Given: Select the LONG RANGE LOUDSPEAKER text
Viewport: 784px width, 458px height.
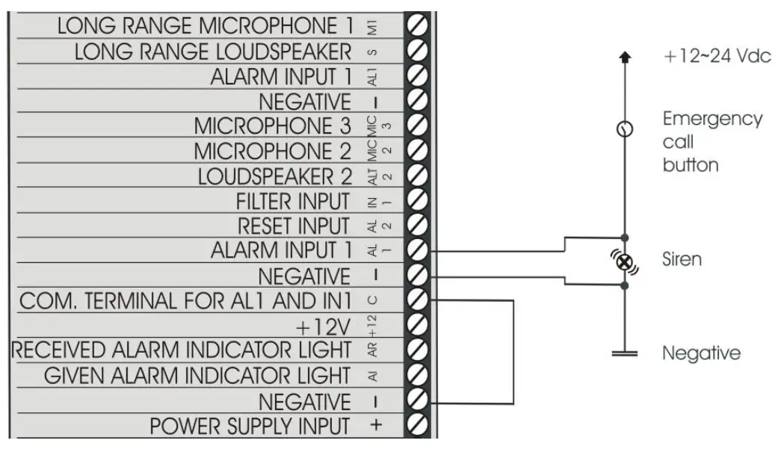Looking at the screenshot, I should pyautogui.click(x=213, y=52).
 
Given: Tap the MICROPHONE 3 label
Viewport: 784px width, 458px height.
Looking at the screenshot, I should pyautogui.click(x=272, y=126).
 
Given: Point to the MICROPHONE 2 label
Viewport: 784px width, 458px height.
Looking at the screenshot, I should pyautogui.click(x=272, y=152).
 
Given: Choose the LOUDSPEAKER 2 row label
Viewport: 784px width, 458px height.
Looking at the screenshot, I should pyautogui.click(x=274, y=177).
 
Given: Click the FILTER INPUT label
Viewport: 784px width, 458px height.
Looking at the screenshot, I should pyautogui.click(x=292, y=202).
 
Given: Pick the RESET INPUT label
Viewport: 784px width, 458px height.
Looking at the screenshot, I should pyautogui.click(x=294, y=226).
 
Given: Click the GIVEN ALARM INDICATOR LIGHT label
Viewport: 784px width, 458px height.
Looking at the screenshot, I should pyautogui.click(x=197, y=375).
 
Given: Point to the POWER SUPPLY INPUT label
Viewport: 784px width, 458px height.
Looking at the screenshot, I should pyautogui.click(x=250, y=426).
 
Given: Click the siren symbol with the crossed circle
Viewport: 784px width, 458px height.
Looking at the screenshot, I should pyautogui.click(x=626, y=262).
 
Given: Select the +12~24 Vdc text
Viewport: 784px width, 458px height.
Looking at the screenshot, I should pyautogui.click(x=717, y=58).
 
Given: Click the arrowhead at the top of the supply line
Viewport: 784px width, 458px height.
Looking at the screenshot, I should pyautogui.click(x=626, y=58).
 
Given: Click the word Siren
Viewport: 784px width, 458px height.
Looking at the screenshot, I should pyautogui.click(x=682, y=259).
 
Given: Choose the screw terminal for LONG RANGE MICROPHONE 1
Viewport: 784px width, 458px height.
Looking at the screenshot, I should pyautogui.click(x=420, y=25).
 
